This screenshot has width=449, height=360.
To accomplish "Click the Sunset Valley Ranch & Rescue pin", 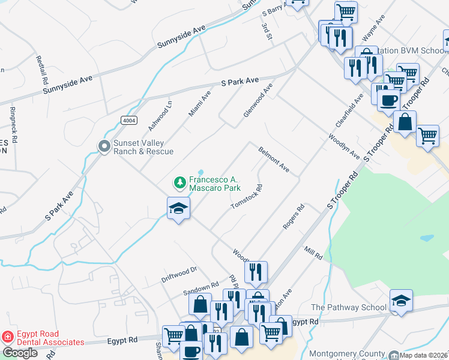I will pyautogui.click(x=104, y=145).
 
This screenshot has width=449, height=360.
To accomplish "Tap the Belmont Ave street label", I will pyautogui.click(x=274, y=160).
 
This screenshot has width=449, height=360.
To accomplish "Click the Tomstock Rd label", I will pyautogui.click(x=247, y=197).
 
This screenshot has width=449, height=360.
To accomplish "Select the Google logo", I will pyautogui.click(x=20, y=353).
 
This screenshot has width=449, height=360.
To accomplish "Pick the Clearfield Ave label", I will pyautogui.click(x=350, y=110).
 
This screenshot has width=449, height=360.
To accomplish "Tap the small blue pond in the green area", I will pyautogui.click(x=427, y=238).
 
